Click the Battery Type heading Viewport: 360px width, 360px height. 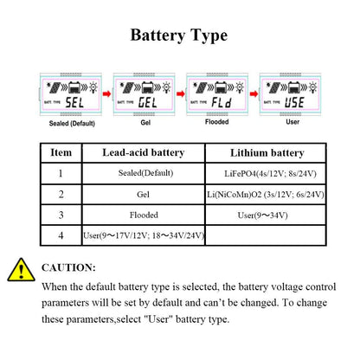click(x=179, y=35)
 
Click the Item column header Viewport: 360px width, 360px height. click(x=61, y=152)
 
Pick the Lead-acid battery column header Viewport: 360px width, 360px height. click(x=143, y=152)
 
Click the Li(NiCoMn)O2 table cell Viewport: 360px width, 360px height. click(x=266, y=194)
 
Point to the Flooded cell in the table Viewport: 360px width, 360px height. click(x=143, y=214)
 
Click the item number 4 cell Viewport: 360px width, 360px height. click(x=61, y=235)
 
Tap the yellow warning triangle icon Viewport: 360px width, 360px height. click(x=18, y=270)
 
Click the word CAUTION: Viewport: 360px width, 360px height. click(x=68, y=268)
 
